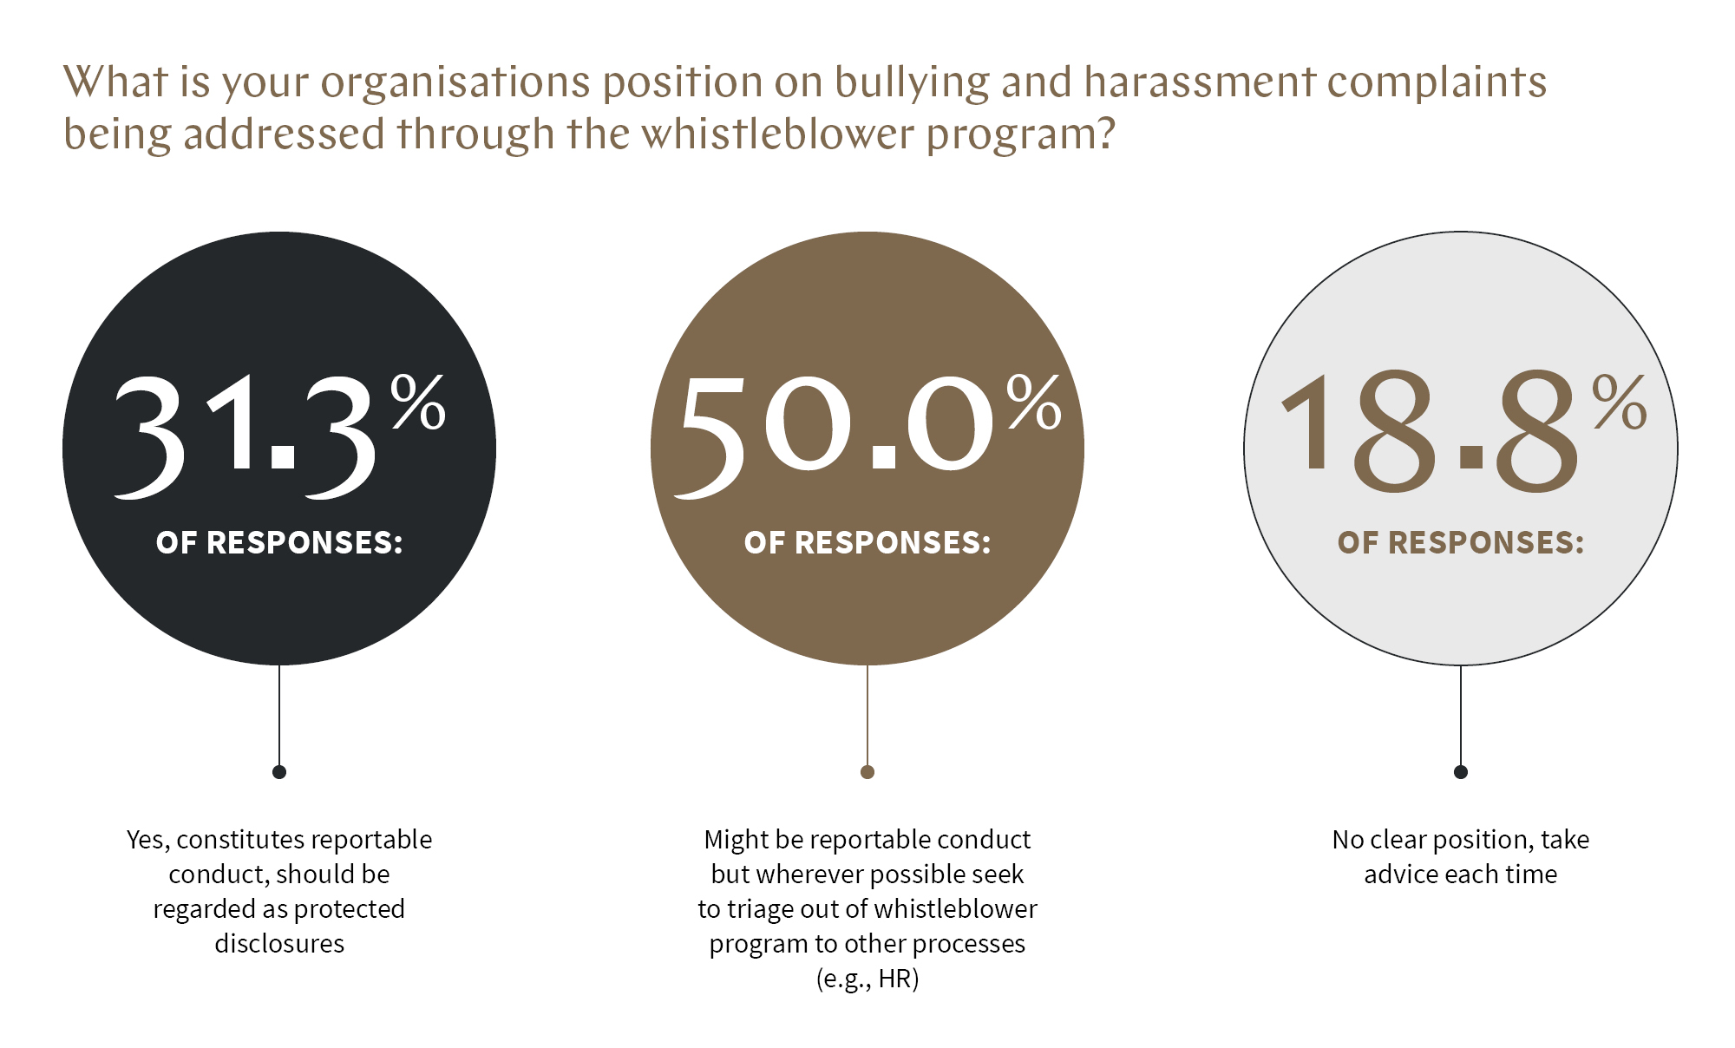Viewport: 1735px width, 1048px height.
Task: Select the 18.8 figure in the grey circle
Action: pos(1430,431)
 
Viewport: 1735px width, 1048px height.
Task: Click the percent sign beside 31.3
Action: pos(418,402)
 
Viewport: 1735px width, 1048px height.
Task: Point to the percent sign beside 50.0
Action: pos(1034,402)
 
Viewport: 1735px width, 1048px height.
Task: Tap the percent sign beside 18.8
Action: pos(1620,402)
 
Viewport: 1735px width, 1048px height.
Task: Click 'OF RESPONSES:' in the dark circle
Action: pos(279,543)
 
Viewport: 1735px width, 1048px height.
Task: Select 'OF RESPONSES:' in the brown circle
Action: pos(867,543)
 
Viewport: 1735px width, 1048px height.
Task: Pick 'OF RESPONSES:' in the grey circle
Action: pos(1461,543)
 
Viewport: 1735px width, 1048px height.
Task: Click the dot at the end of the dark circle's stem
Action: pos(279,772)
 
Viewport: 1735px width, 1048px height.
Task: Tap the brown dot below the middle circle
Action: pos(867,772)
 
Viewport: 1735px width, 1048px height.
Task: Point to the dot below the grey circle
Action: pos(1461,772)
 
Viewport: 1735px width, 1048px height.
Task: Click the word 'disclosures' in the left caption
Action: pos(279,944)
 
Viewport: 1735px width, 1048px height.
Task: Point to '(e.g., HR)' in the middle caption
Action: pos(867,979)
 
